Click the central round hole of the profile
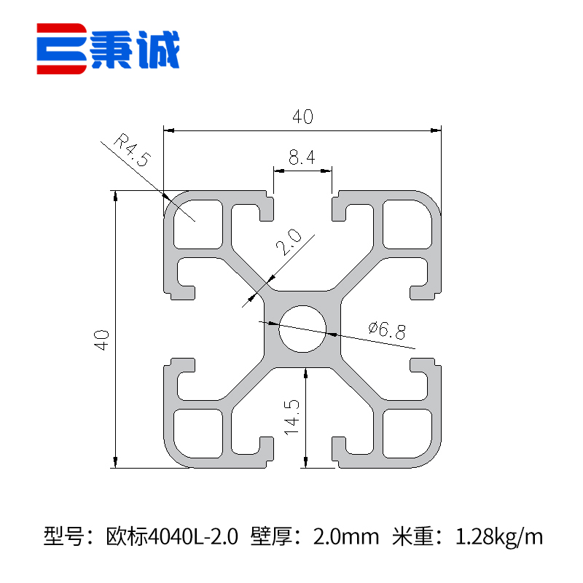pyautogui.click(x=302, y=329)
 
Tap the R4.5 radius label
pyautogui.click(x=133, y=150)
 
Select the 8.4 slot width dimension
pyautogui.click(x=302, y=157)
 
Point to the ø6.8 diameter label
pyautogui.click(x=387, y=331)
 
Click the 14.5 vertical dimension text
pyautogui.click(x=292, y=417)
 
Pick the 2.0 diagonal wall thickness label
pyautogui.click(x=289, y=242)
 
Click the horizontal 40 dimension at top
pyautogui.click(x=302, y=117)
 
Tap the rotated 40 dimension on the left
pyautogui.click(x=101, y=340)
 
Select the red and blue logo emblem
pyautogui.click(x=62, y=49)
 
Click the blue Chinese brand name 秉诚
pyautogui.click(x=135, y=50)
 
